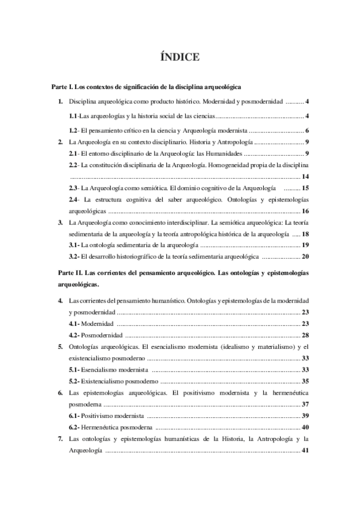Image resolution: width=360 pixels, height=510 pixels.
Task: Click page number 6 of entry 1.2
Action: [x=307, y=131]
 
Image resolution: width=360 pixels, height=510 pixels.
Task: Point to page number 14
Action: [x=305, y=176]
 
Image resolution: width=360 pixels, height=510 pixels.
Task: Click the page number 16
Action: [x=305, y=211]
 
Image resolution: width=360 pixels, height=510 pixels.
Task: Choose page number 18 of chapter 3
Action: [x=305, y=233]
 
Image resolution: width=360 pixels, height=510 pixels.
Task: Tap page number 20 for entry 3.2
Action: [x=305, y=256]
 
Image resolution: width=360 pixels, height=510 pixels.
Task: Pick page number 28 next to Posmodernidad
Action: [x=305, y=334]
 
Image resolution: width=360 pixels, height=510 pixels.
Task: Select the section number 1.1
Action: [x=73, y=115]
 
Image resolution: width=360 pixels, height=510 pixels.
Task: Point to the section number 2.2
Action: [x=73, y=165]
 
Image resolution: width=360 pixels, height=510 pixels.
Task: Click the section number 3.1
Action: [x=73, y=245]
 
